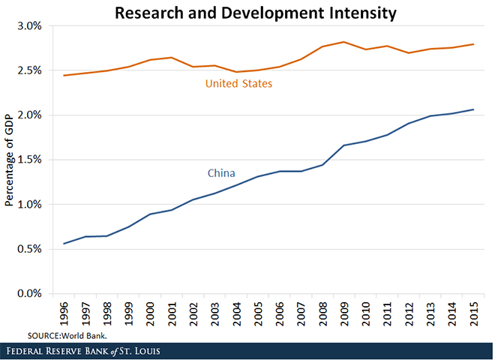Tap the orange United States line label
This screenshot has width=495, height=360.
point(238,83)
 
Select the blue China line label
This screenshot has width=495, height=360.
point(221,173)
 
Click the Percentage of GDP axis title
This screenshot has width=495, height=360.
point(10,159)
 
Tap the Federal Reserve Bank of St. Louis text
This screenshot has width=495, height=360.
point(85,350)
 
